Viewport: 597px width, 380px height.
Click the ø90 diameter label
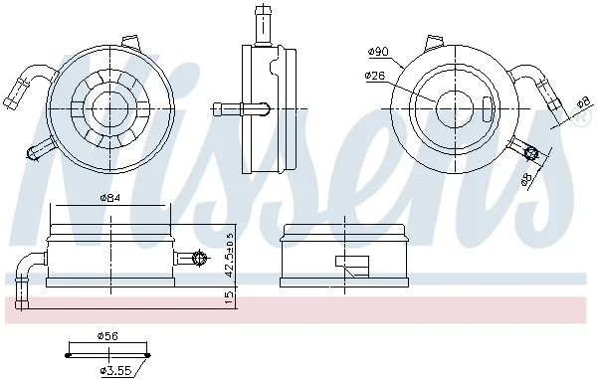(x=378, y=52)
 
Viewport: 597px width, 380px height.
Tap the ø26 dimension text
(x=375, y=76)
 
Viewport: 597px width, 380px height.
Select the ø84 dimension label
(x=110, y=197)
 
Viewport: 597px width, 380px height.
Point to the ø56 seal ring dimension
(x=107, y=336)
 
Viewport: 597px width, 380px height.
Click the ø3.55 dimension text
(x=115, y=370)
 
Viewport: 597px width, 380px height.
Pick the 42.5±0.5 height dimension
(x=229, y=256)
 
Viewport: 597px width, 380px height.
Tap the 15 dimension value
(x=229, y=297)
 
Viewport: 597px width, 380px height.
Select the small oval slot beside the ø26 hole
(x=487, y=109)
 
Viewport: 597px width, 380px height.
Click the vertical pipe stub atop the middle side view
(x=263, y=24)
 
